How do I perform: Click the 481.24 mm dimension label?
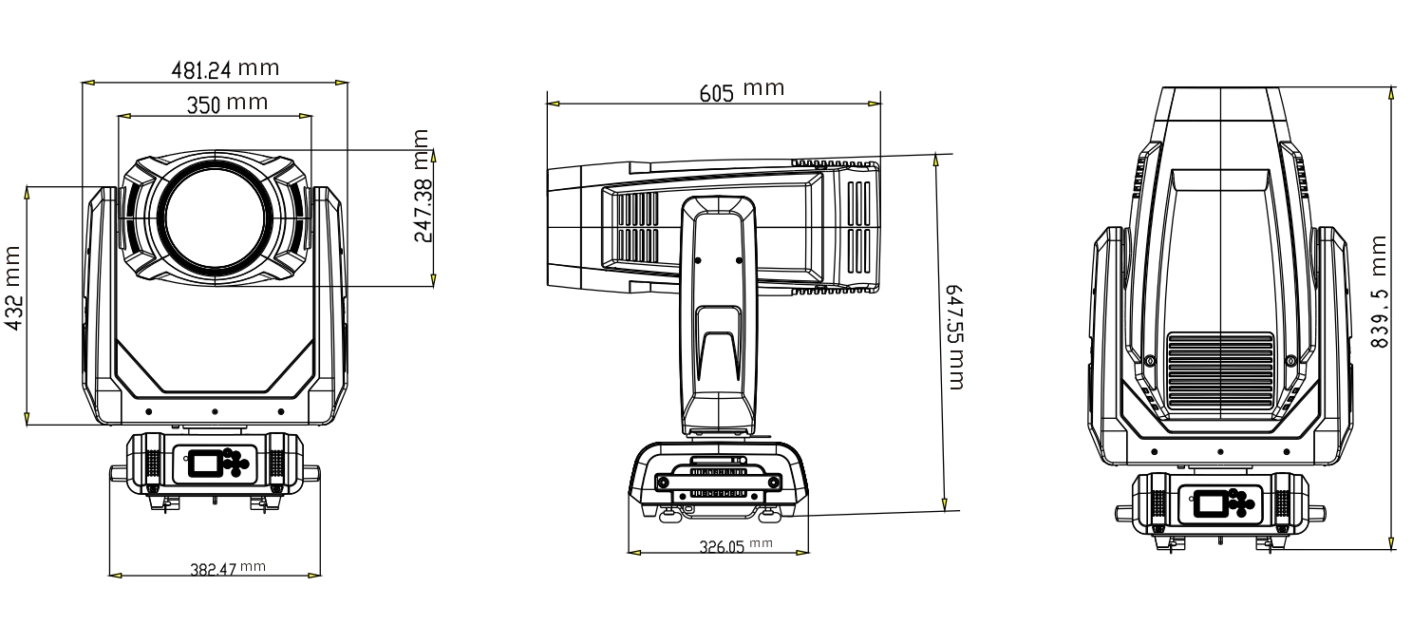[x=225, y=68]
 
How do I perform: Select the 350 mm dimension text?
[x=227, y=104]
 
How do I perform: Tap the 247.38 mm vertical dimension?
[x=422, y=186]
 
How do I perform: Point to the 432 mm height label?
[x=13, y=288]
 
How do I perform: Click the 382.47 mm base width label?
[x=228, y=569]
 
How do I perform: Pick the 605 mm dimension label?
[x=742, y=90]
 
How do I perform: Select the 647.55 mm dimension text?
[x=954, y=337]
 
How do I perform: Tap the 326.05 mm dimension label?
[x=736, y=545]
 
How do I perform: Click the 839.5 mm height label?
[x=1379, y=292]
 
